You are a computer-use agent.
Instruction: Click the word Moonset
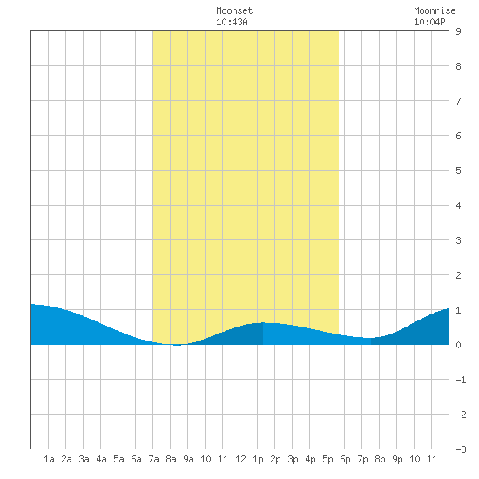coord(234,10)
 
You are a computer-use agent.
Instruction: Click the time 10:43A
coord(232,22)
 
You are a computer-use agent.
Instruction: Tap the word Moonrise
coord(435,10)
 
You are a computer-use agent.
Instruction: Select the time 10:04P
coord(429,22)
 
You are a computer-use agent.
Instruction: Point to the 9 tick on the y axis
coord(458,31)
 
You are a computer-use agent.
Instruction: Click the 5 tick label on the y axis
coord(458,171)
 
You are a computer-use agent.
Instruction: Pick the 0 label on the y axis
coord(458,345)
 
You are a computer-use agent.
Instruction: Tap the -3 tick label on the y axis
coord(461,449)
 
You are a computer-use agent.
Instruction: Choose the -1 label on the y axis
coord(461,380)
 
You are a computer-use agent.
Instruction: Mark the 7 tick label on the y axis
coord(458,101)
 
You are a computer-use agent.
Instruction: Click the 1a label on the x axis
coord(49,459)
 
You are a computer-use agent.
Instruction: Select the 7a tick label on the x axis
coord(153,459)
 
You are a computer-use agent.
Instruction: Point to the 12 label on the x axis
coord(240,459)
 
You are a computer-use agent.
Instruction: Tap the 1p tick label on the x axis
coord(258,459)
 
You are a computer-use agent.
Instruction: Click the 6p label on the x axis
coord(345,459)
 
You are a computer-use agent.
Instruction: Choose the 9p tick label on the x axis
coord(397,459)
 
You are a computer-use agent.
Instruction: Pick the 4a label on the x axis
coord(101,459)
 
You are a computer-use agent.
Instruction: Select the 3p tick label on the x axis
coord(293,459)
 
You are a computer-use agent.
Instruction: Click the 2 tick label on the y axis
coord(458,275)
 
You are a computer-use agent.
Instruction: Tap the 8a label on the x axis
coord(171,459)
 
